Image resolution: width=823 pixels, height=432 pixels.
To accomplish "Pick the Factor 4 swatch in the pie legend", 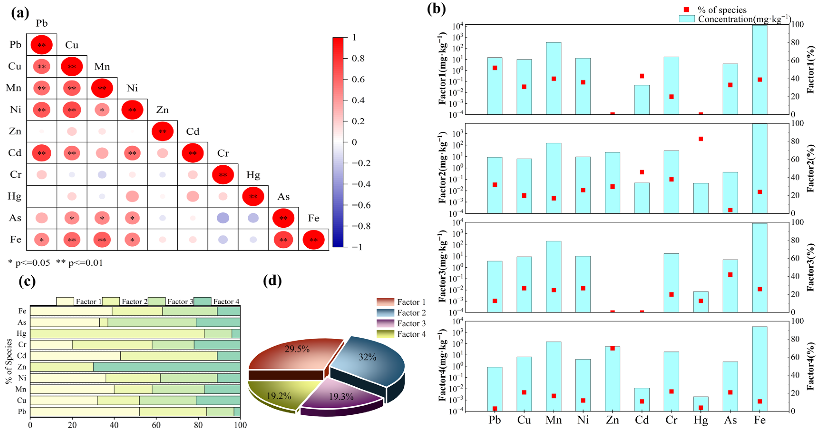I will [385, 334].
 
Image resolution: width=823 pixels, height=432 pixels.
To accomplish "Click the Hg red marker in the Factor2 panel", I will [701, 139].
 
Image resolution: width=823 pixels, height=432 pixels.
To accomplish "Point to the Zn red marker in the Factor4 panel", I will [612, 348].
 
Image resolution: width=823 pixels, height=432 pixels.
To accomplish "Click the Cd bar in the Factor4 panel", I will [642, 400].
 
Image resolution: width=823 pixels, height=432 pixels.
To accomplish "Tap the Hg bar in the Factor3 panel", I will [701, 302].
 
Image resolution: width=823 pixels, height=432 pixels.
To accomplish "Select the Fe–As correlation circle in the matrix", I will [283, 240].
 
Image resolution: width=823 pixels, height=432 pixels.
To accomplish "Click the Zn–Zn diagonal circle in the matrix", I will [162, 131].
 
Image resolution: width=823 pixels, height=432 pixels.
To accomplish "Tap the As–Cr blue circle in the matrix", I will [223, 218].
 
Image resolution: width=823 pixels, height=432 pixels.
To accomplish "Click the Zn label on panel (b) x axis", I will [612, 420].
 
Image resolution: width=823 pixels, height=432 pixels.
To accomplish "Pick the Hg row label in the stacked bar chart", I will [21, 333].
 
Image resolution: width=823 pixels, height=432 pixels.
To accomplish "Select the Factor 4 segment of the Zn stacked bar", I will [166, 367].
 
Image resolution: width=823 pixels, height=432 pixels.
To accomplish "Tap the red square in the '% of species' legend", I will [686, 10].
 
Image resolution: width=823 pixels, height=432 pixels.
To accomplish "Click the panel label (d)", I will [272, 281].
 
